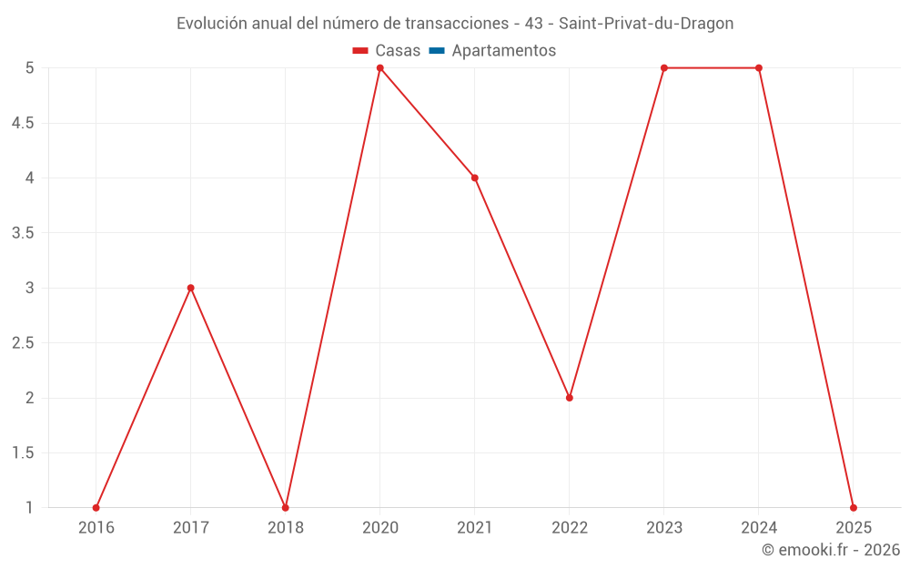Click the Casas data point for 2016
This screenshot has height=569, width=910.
coord(96,508)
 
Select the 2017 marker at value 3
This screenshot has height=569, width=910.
coord(191,288)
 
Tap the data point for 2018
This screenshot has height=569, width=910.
coord(286,508)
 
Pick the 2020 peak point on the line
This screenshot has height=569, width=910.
coord(380,68)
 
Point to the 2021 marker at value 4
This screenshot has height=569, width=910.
coord(475,178)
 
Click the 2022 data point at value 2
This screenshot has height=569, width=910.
coord(570,398)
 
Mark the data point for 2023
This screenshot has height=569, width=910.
coord(664,68)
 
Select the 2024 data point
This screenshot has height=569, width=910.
coord(759,68)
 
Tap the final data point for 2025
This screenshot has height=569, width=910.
coord(854,508)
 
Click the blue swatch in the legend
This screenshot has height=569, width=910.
coord(436,51)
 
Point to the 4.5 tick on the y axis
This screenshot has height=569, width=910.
coord(23,123)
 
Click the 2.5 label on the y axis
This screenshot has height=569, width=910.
coord(23,343)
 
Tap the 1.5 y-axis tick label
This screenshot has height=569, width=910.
coord(23,453)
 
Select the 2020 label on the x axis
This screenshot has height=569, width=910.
coord(380,528)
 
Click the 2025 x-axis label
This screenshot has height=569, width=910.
coord(854,528)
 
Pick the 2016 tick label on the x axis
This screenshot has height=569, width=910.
coord(96,528)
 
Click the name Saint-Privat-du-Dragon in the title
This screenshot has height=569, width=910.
coord(652,24)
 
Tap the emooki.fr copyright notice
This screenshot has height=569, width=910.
coord(831,550)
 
